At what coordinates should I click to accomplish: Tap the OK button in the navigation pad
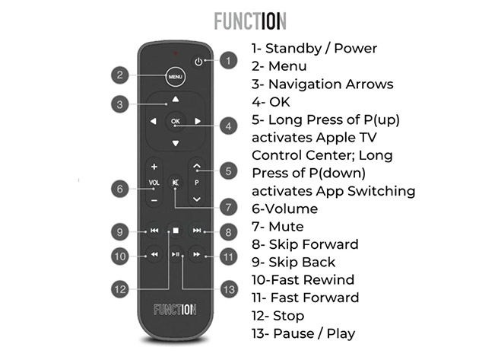click(x=176, y=121)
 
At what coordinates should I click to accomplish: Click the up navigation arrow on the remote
click(x=176, y=99)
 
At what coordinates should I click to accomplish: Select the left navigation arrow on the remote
click(x=153, y=121)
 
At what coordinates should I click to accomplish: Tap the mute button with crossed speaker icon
click(x=176, y=183)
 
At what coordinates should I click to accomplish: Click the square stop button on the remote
click(x=176, y=229)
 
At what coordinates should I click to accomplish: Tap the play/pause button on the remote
click(x=176, y=255)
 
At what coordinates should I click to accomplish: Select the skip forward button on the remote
click(x=197, y=229)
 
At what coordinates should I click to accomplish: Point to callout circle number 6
click(x=120, y=188)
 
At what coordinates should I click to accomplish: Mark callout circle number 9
click(x=120, y=231)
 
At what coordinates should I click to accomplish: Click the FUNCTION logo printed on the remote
click(x=175, y=310)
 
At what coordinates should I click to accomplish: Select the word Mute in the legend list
click(x=286, y=227)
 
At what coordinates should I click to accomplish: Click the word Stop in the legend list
click(x=287, y=315)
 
